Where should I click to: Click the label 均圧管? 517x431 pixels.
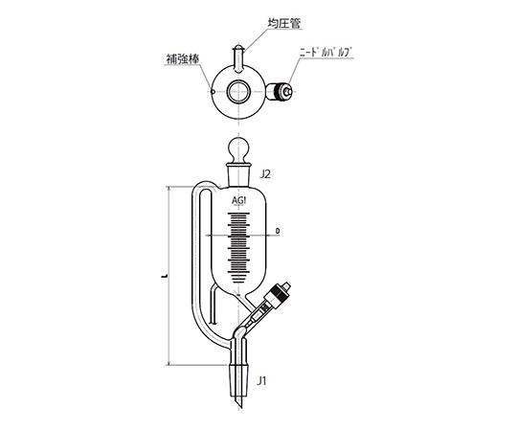(284, 23)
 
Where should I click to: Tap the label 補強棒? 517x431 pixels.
(183, 59)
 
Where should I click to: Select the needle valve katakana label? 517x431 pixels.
(326, 53)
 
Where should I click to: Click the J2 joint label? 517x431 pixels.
(265, 173)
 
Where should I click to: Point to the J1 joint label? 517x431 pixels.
(261, 381)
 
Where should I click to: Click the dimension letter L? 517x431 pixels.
(164, 275)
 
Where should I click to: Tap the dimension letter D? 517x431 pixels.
(278, 231)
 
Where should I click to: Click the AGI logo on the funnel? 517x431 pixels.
(239, 200)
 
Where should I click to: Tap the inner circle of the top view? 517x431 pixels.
(237, 91)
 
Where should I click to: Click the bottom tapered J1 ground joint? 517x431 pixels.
(237, 380)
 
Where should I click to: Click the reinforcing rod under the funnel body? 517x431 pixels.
(214, 305)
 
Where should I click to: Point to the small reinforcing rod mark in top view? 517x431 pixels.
(213, 92)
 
